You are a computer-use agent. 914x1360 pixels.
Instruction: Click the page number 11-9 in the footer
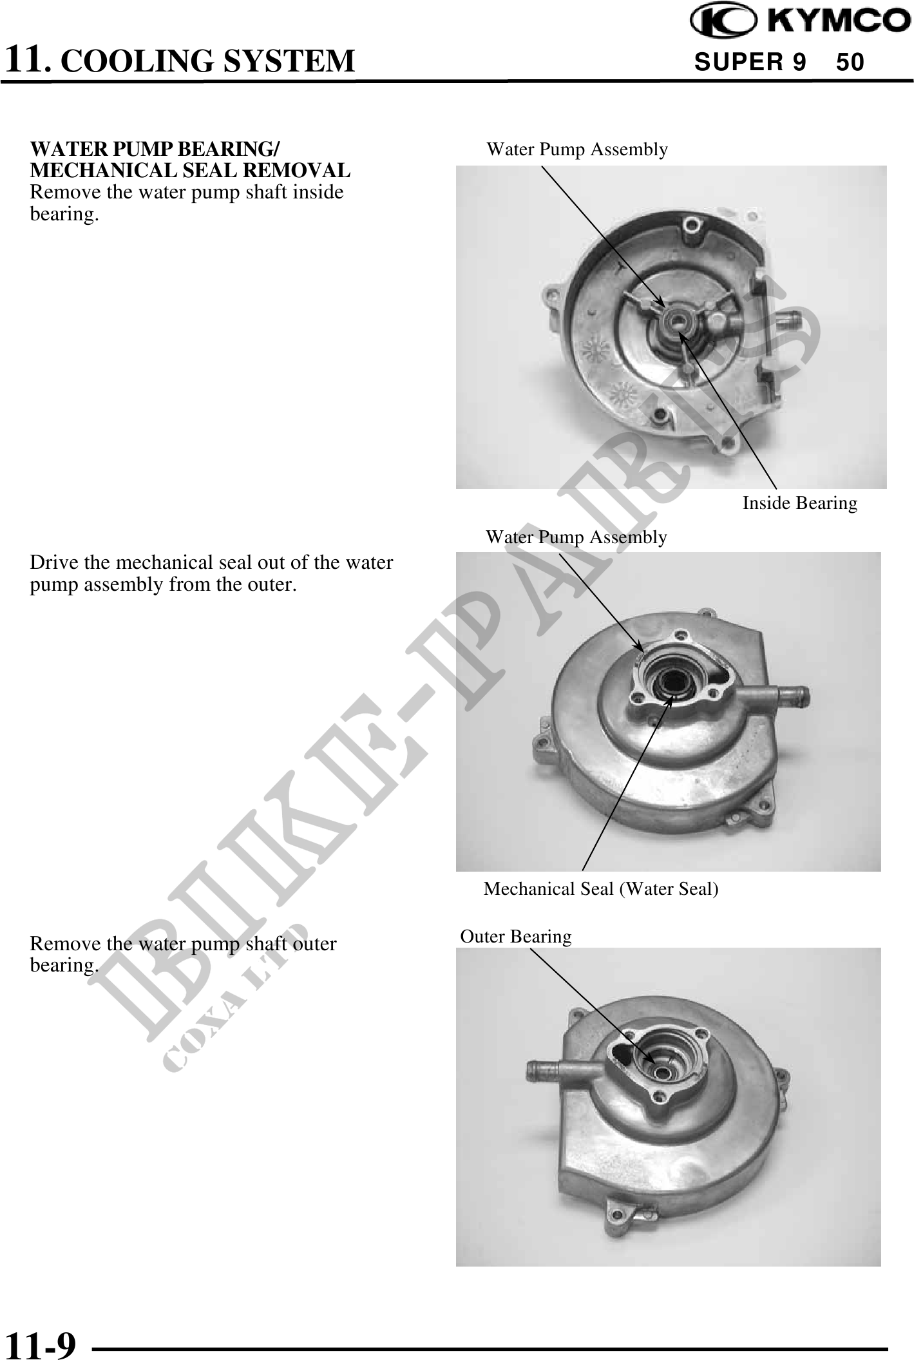pyautogui.click(x=40, y=1342)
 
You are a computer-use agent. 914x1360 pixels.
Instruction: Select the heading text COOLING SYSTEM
pyautogui.click(x=211, y=61)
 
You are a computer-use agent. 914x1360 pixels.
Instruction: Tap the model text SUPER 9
pyautogui.click(x=750, y=62)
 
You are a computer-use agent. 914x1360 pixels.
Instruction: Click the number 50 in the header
pyautogui.click(x=850, y=62)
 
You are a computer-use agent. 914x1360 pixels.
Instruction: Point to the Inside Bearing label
pyautogui.click(x=800, y=503)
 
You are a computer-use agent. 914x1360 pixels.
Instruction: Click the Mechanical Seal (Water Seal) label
pyautogui.click(x=601, y=889)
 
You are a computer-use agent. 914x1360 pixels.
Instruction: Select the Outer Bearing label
pyautogui.click(x=516, y=936)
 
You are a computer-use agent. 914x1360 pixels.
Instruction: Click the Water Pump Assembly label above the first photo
pyautogui.click(x=577, y=149)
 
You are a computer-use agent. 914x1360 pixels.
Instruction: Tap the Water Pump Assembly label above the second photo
pyautogui.click(x=576, y=537)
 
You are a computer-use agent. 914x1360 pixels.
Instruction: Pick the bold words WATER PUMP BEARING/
pyautogui.click(x=155, y=149)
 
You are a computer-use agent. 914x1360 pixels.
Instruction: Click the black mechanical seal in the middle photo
pyautogui.click(x=671, y=683)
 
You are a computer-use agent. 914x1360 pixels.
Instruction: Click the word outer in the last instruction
pyautogui.click(x=314, y=944)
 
